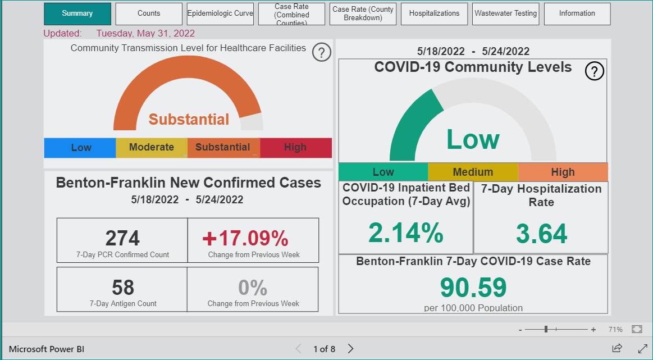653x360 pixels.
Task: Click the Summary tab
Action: click(77, 13)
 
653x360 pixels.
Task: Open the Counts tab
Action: click(149, 13)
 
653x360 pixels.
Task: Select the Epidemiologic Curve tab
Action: click(220, 13)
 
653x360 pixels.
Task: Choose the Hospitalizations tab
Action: click(435, 13)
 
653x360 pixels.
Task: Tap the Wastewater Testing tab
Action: click(505, 13)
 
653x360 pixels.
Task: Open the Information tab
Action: click(577, 13)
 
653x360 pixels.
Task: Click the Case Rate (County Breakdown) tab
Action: click(363, 13)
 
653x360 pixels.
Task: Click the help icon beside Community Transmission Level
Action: click(322, 53)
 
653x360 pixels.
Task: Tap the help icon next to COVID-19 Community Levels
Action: click(594, 71)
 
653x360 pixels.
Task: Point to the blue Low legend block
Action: click(80, 148)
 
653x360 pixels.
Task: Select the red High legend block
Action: click(296, 148)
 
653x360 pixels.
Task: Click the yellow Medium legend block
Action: click(473, 172)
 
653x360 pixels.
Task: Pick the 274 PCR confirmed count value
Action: click(122, 238)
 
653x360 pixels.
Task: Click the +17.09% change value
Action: click(245, 238)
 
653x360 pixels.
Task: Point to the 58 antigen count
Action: click(123, 288)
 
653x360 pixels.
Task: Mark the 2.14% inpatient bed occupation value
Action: click(405, 233)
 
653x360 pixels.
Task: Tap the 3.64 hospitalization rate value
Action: click(541, 233)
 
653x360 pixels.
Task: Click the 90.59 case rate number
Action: click(473, 287)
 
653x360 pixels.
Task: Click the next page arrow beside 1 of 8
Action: click(351, 349)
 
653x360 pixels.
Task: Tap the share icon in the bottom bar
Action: click(617, 348)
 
